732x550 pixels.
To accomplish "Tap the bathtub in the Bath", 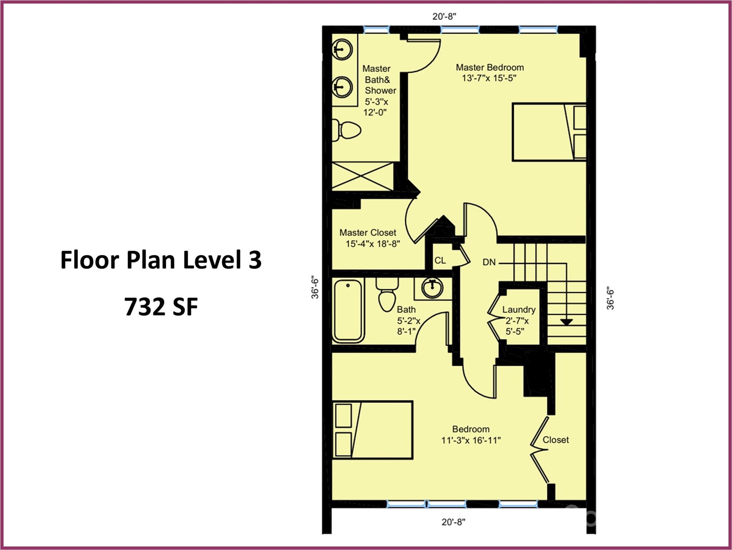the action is coord(348,310).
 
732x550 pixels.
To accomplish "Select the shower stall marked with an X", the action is coord(363,176).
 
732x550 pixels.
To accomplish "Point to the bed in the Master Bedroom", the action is coord(549,132).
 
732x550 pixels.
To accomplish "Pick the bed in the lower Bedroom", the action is coord(373,430).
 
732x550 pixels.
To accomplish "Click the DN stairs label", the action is coord(489,262).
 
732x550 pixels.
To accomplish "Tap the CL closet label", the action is coord(440,260).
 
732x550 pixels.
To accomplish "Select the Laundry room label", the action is coord(519,309).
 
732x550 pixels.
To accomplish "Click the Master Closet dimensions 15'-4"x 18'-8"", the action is coord(372,244).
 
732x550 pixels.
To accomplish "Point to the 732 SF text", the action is coord(161,307).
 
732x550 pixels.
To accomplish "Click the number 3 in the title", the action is coord(255,260).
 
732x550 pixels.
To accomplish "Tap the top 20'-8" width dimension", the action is coord(444,16).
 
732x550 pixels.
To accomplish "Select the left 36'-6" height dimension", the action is coord(314,287).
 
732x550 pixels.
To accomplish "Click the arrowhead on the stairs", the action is coord(566,322).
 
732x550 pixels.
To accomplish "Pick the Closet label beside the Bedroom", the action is coord(555,440).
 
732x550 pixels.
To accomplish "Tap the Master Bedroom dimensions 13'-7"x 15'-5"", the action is coord(489,78).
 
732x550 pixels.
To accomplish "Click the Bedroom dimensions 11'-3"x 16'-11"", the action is coord(471,440).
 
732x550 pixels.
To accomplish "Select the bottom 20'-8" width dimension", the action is coord(453,522).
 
